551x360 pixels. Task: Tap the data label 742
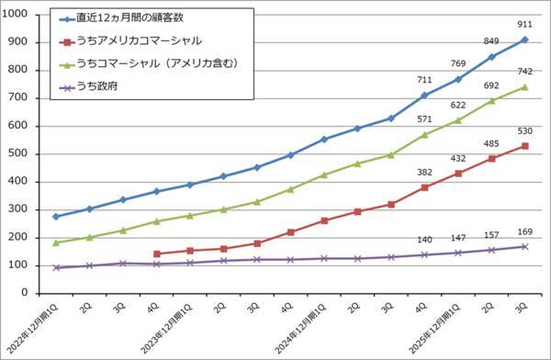[x=525, y=70]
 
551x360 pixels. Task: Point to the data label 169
[x=525, y=231]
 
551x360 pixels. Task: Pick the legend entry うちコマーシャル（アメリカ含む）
[x=161, y=64]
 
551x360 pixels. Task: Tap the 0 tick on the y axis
[x=27, y=294]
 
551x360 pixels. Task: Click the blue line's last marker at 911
[x=524, y=39]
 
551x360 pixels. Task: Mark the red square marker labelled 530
[x=524, y=146]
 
